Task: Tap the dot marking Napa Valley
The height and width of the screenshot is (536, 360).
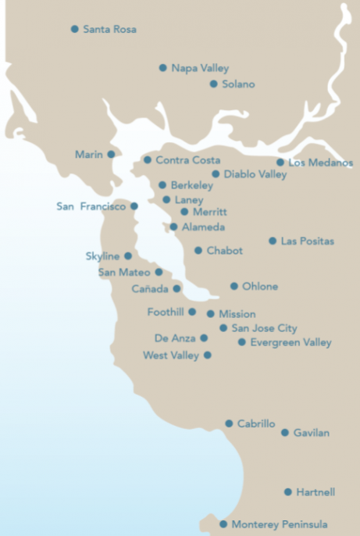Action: click(163, 68)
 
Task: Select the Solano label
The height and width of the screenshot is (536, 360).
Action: click(238, 84)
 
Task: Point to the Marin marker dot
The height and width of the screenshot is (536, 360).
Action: click(112, 155)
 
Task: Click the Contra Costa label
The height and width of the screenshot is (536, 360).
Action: click(188, 160)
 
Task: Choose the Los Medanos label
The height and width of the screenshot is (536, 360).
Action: click(321, 163)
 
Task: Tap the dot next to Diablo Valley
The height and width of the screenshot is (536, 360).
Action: click(216, 174)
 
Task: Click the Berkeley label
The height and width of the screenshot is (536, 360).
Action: click(191, 185)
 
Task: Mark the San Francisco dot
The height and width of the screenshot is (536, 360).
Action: click(134, 206)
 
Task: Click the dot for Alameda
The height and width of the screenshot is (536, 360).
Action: click(174, 227)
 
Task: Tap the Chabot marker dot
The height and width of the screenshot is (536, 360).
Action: click(198, 251)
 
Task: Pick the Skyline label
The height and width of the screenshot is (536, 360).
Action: click(102, 256)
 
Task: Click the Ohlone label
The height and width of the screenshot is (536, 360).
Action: click(260, 287)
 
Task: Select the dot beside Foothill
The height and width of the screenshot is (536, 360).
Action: click(192, 312)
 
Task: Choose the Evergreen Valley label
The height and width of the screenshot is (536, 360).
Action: click(290, 342)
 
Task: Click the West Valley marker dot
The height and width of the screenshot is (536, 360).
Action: click(208, 355)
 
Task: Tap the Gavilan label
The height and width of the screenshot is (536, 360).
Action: click(312, 433)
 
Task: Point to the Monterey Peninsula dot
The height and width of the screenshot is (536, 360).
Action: click(223, 524)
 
